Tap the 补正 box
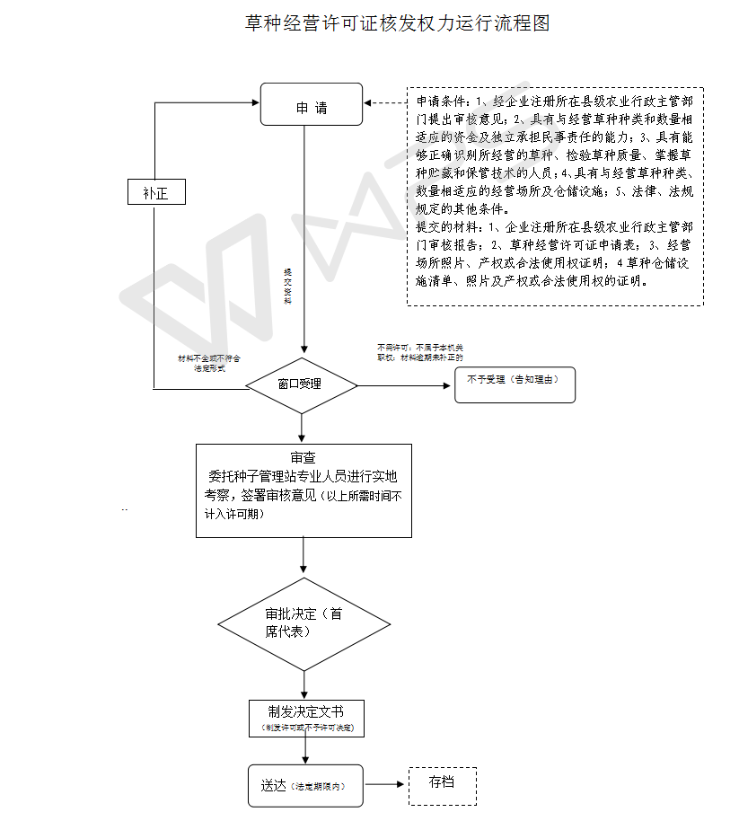point(155,191)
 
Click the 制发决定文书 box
point(306,718)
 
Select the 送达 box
point(306,786)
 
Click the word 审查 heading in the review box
point(303,457)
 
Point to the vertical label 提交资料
point(287,286)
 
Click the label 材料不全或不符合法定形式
point(209,363)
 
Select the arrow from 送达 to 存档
point(385,785)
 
